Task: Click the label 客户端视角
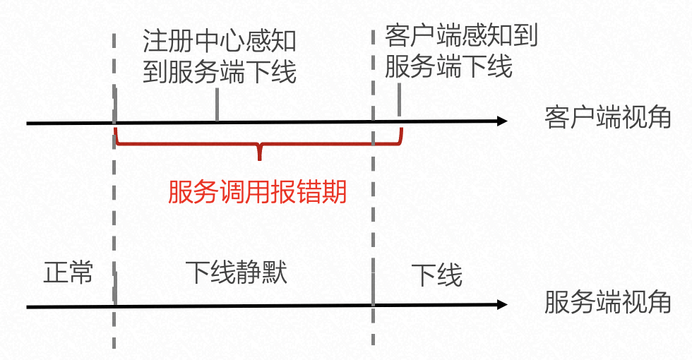pyautogui.click(x=607, y=118)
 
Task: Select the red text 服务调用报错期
pyautogui.click(x=258, y=191)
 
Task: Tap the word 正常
pyautogui.click(x=68, y=273)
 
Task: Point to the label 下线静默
pyautogui.click(x=237, y=272)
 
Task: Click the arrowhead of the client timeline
pyautogui.click(x=502, y=121)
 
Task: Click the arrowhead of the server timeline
pyautogui.click(x=502, y=305)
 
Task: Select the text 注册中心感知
pyautogui.click(x=220, y=41)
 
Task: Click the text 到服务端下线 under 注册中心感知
pyautogui.click(x=220, y=72)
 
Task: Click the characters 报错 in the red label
pyautogui.click(x=288, y=191)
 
